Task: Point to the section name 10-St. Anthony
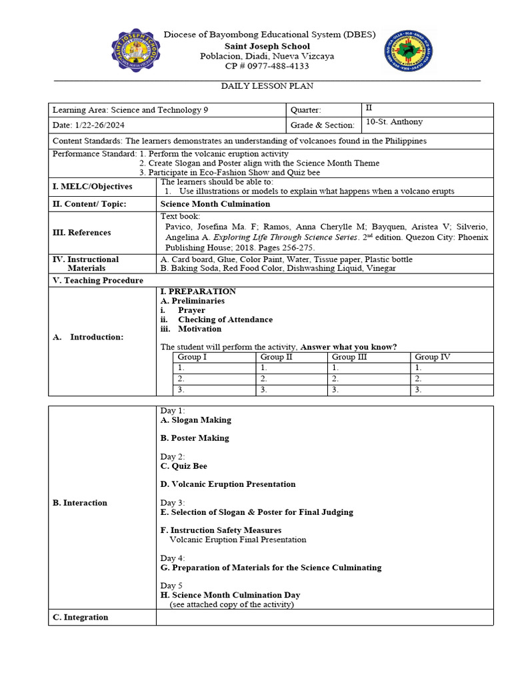395,122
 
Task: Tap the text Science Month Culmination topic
215,204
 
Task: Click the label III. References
81,232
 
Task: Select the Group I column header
192,357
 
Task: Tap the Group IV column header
432,357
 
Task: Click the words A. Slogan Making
196,420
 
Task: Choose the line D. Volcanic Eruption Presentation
228,484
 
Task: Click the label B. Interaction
80,503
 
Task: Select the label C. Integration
80,618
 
